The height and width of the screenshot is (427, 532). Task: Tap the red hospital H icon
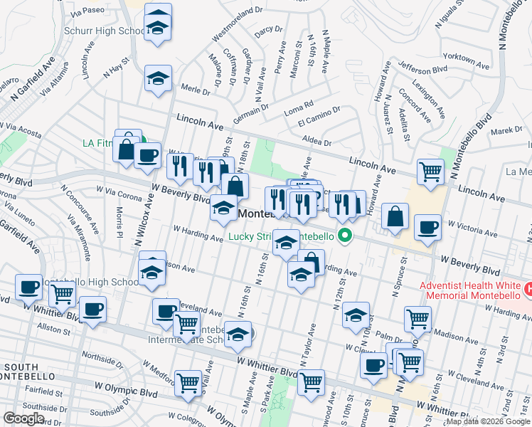click(x=528, y=290)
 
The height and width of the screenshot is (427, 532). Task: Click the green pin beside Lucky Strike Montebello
click(x=346, y=236)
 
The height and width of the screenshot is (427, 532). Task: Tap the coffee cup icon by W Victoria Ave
click(x=427, y=227)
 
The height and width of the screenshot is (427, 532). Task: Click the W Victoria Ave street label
click(x=473, y=228)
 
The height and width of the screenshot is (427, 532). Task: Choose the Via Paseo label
click(x=88, y=12)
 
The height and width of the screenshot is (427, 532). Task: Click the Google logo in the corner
click(x=23, y=418)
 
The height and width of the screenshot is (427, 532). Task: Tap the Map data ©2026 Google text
click(x=488, y=421)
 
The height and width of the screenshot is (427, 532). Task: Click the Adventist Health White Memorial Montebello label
click(x=469, y=290)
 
